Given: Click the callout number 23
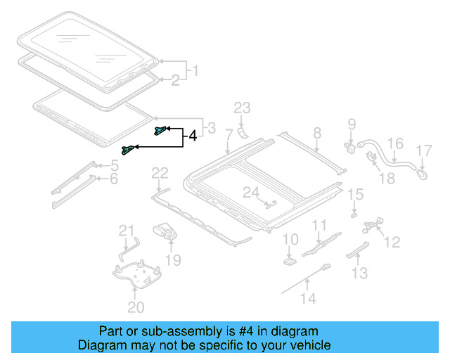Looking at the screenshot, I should (x=242, y=108).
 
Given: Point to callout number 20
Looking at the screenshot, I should (x=135, y=307).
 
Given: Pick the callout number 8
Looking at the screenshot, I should (x=316, y=132).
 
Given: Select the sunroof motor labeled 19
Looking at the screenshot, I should (x=165, y=231).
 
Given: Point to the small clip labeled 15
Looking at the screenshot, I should (x=354, y=214).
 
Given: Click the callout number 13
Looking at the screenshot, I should (x=359, y=273).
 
